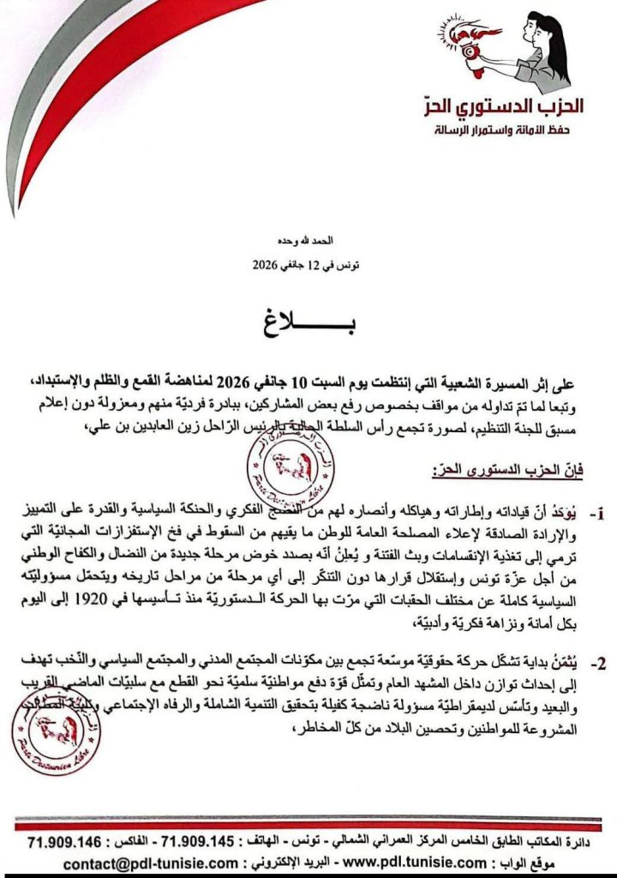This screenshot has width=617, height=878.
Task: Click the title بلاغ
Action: (x=309, y=328)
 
